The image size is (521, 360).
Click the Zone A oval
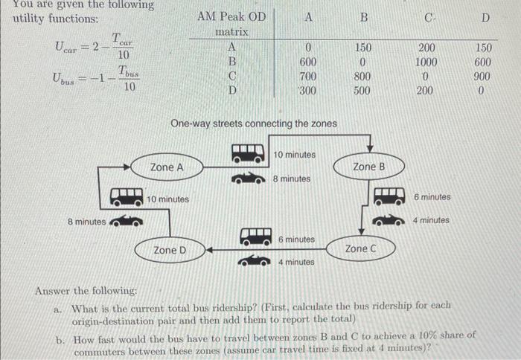(166, 168)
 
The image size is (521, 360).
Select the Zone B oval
(368, 167)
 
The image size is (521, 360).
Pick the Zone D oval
(170, 250)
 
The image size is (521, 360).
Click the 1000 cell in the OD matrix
(427, 62)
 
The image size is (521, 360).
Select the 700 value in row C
(308, 77)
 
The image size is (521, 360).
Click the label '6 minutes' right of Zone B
(432, 197)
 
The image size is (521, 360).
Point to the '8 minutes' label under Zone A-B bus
(292, 179)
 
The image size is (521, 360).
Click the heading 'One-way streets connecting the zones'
(253, 123)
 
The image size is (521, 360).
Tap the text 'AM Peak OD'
(231, 16)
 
